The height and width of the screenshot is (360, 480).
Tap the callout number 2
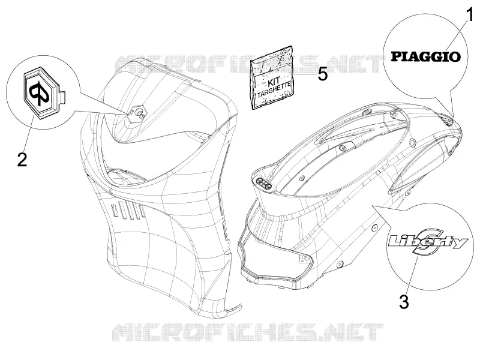click(22, 159)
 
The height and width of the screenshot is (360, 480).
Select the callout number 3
click(404, 302)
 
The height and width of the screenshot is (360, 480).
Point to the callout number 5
click(323, 74)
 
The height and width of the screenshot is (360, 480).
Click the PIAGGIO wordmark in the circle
click(426, 56)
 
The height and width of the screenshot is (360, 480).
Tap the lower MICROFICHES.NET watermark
click(248, 332)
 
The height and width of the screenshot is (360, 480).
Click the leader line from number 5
click(305, 74)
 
